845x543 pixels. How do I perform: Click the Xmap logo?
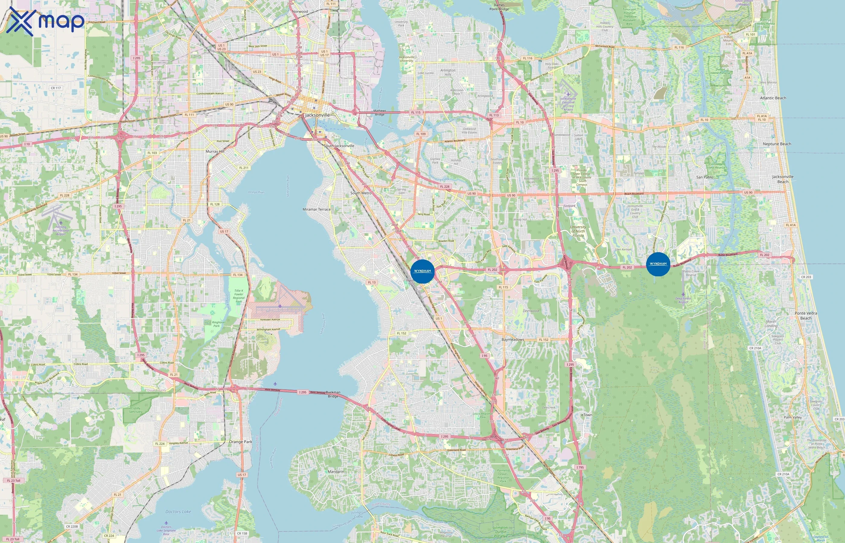point(45,21)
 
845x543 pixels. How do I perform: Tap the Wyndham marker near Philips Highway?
point(422,271)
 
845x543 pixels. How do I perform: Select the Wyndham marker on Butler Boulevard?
point(658,264)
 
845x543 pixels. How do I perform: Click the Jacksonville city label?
point(317,115)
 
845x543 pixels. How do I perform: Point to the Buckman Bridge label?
point(333,394)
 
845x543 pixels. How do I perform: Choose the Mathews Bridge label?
point(379,113)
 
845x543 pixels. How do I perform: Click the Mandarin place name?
point(336,472)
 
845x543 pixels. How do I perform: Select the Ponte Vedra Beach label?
point(806,316)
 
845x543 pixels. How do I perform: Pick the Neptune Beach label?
point(777,144)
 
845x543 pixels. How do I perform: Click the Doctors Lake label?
point(178,512)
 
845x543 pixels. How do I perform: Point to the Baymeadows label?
point(513,340)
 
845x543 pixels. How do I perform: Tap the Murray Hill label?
point(215,151)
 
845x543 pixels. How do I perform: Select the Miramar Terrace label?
point(317,209)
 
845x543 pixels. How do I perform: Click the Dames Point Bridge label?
point(499,7)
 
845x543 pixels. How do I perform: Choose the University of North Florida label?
point(578,231)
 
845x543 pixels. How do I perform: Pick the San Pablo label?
point(705,177)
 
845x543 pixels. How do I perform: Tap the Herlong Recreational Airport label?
point(61,230)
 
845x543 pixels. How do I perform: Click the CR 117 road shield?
point(56,88)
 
